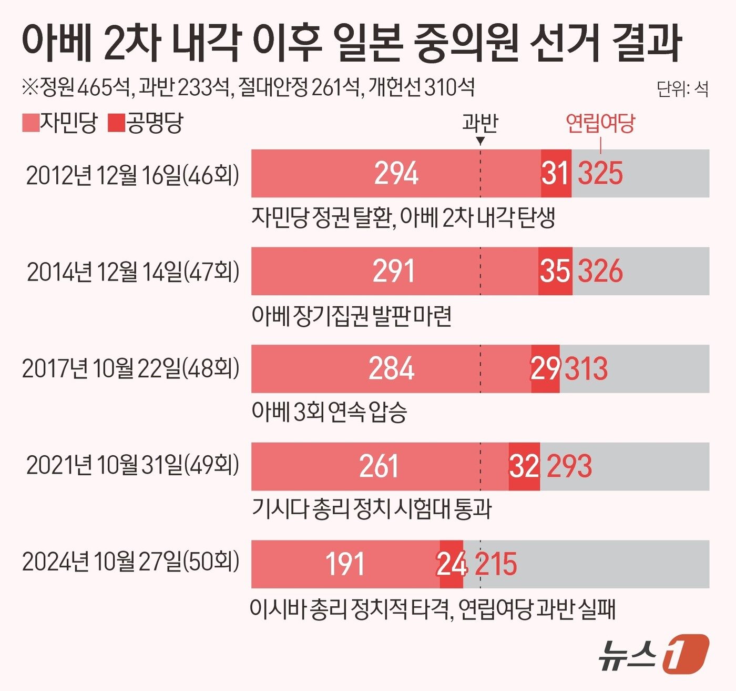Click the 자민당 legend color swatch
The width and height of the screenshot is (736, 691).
tap(30, 123)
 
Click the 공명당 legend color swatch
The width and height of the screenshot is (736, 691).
tap(116, 123)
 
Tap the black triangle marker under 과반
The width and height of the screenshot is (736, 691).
tap(480, 141)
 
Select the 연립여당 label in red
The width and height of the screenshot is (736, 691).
tap(600, 123)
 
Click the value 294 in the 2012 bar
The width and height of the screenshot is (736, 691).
tap(396, 173)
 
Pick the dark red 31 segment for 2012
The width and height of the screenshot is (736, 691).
tap(556, 173)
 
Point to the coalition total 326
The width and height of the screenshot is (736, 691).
tap(600, 271)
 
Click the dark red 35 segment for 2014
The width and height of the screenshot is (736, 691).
tap(555, 271)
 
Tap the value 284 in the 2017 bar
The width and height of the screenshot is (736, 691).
tap(391, 368)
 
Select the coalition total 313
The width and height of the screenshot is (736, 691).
tap(586, 368)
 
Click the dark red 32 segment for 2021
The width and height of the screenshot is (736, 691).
tap(524, 466)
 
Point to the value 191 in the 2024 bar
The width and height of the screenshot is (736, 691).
tap(345, 564)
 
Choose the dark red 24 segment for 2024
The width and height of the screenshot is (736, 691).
tap(451, 564)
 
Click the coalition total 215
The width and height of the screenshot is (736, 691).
tap(496, 564)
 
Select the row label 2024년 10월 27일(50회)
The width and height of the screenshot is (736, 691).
tap(130, 562)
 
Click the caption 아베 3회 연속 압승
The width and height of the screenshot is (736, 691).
tap(329, 412)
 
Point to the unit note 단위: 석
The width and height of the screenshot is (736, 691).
tap(682, 89)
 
